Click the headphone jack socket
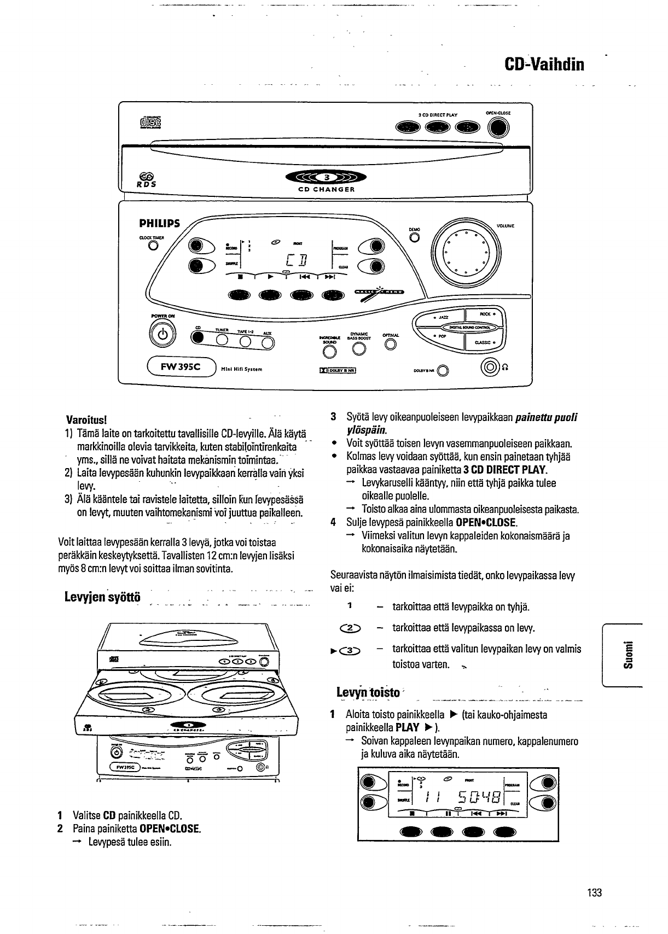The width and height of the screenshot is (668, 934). [487, 367]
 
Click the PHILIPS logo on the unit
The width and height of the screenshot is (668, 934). [159, 223]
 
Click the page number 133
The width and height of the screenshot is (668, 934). [594, 892]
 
